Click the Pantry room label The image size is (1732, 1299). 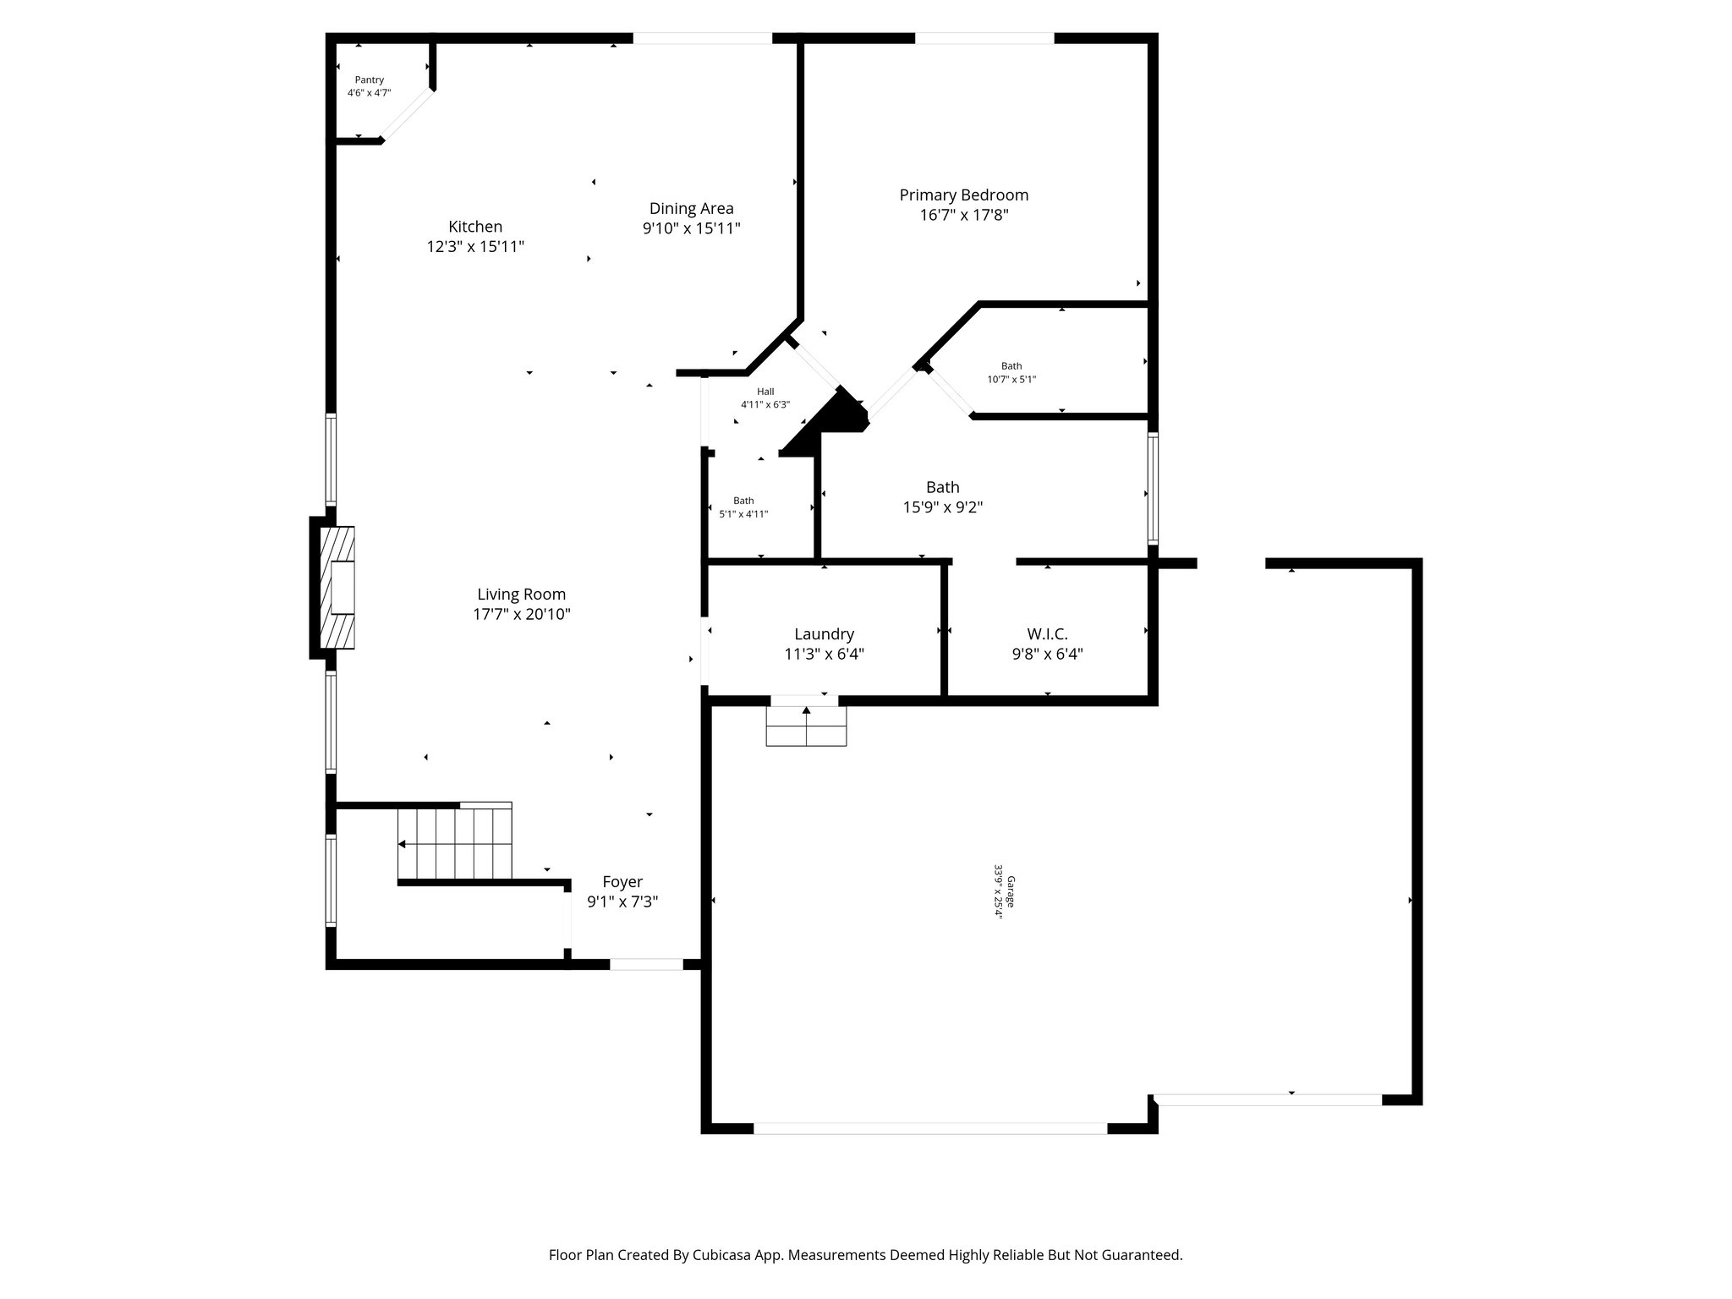(369, 80)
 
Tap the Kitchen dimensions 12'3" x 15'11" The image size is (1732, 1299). (475, 247)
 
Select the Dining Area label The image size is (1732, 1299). (691, 208)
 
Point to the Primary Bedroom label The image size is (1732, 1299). (963, 195)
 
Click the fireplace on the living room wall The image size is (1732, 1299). (337, 587)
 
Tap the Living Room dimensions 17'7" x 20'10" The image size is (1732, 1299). (521, 615)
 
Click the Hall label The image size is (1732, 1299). (765, 392)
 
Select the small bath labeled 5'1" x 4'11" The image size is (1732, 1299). (743, 507)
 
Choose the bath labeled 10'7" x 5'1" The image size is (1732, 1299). (1011, 373)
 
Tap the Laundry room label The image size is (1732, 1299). (824, 634)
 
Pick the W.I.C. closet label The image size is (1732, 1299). (1047, 634)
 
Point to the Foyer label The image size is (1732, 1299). (622, 882)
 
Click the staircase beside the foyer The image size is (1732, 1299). (456, 844)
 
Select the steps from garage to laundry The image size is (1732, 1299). (806, 726)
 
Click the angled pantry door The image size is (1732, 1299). (408, 114)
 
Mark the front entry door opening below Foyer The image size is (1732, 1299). (646, 964)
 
